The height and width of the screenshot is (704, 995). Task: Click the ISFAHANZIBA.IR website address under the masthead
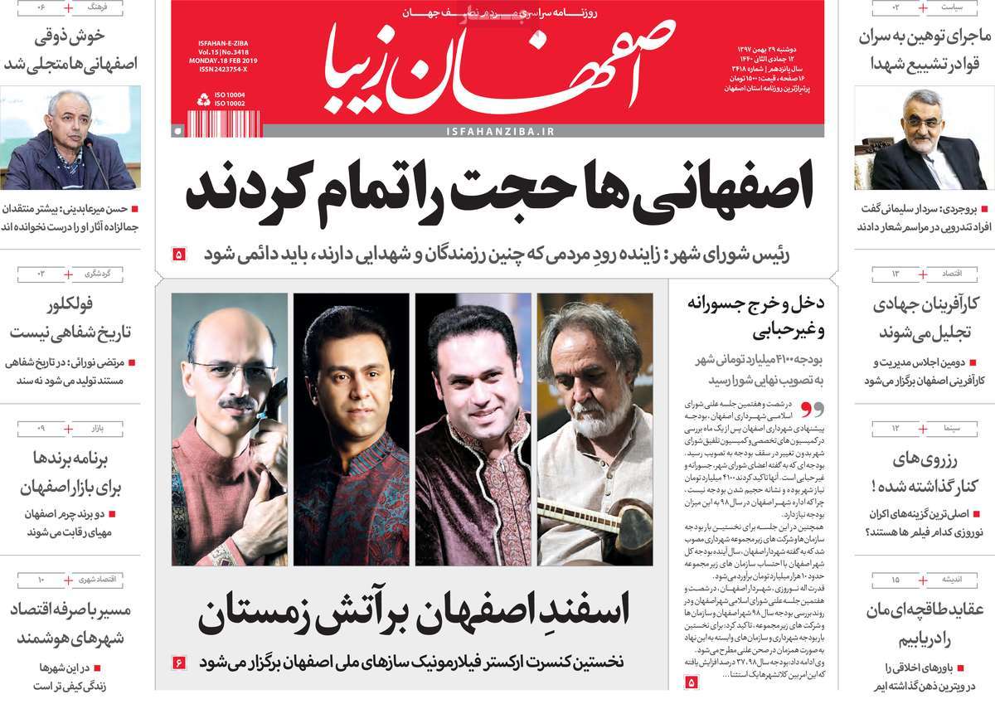[499, 132]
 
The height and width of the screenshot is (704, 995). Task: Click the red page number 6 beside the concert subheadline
[179, 663]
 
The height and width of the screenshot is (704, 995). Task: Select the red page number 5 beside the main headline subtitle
[179, 255]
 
